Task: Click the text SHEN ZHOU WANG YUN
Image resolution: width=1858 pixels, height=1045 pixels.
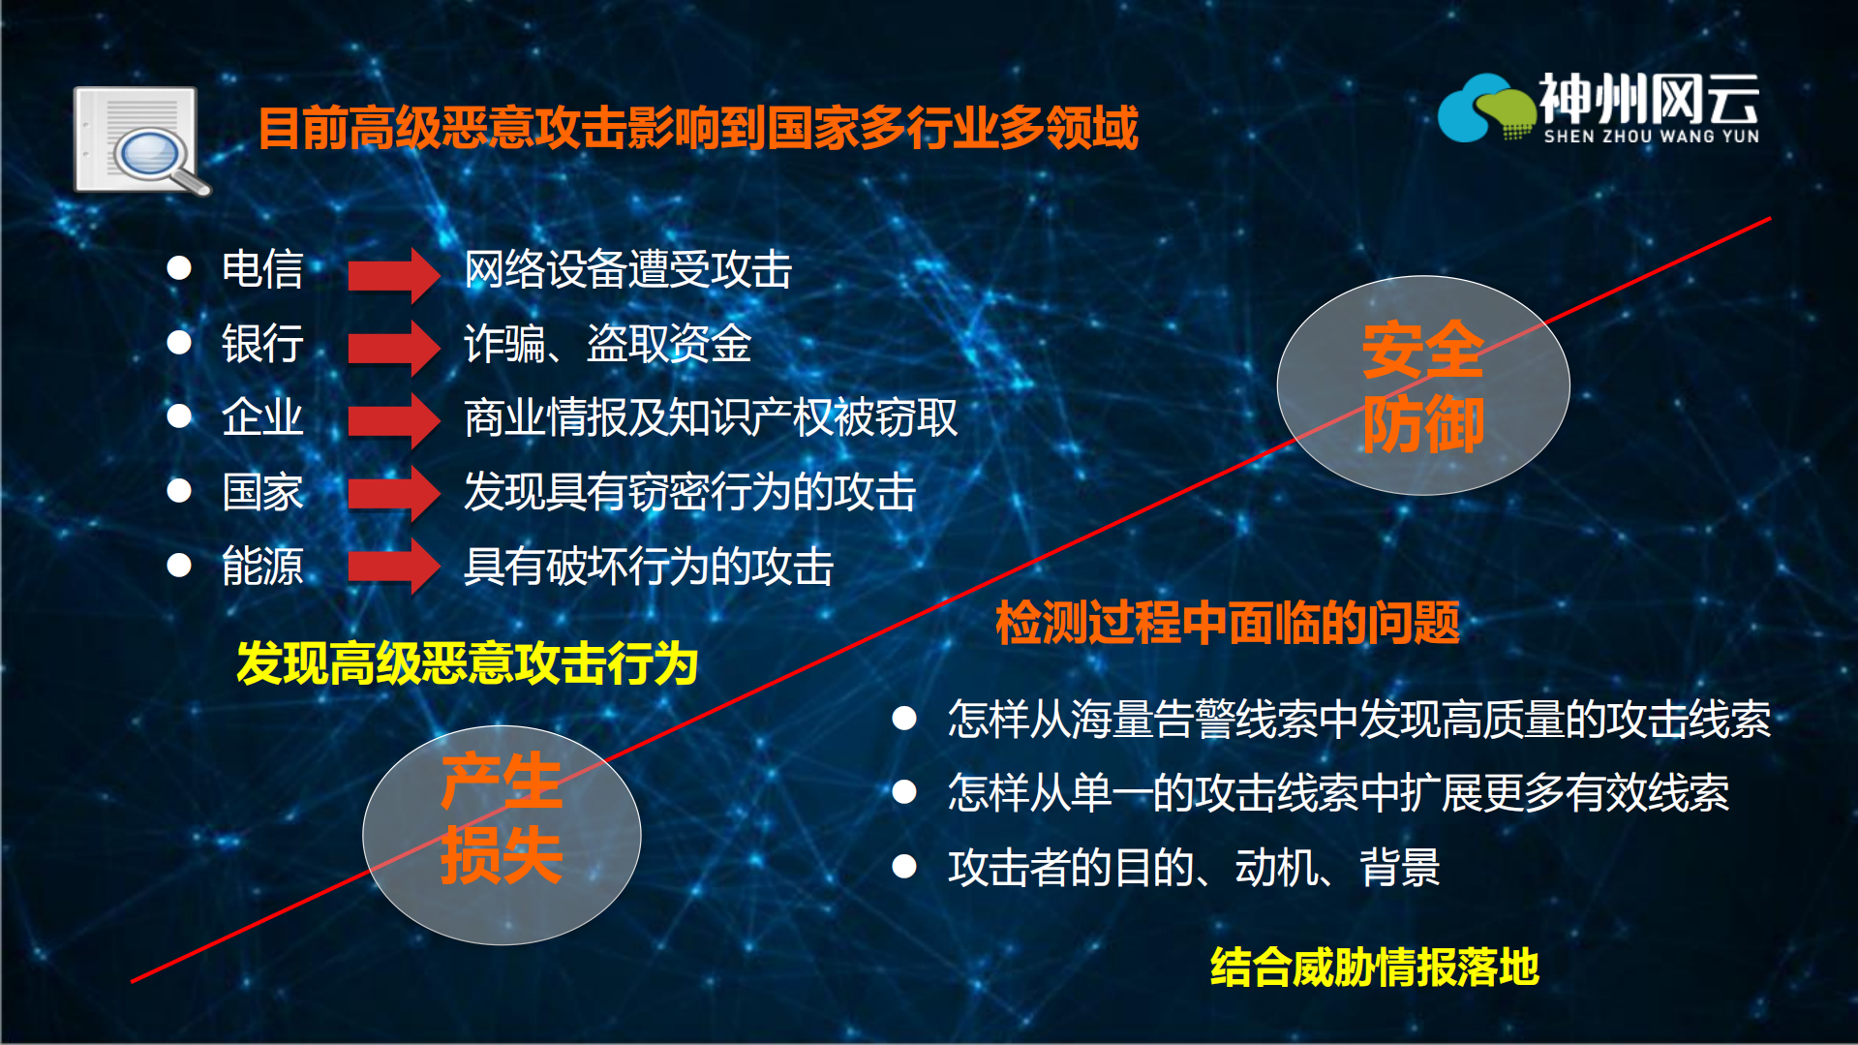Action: [x=1651, y=137]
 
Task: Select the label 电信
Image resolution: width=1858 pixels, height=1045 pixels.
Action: [x=262, y=269]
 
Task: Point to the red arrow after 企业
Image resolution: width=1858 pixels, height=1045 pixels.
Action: [x=393, y=419]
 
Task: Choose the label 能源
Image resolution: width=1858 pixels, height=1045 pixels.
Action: [x=262, y=567]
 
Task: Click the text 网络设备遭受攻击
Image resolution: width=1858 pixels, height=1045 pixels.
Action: [x=627, y=269]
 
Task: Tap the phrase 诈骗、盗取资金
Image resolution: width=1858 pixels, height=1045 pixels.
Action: [x=607, y=344]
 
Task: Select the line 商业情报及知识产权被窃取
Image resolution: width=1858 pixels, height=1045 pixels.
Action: [x=710, y=418]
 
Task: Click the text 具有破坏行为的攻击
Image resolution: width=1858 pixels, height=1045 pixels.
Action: [x=648, y=567]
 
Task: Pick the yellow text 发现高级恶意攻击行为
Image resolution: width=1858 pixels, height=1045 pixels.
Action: [x=467, y=664]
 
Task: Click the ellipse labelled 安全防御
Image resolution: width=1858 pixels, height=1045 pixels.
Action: [x=1422, y=385]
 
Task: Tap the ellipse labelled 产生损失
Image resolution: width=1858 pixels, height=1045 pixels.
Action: [x=502, y=835]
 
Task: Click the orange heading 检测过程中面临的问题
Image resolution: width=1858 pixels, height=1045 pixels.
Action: [x=1227, y=623]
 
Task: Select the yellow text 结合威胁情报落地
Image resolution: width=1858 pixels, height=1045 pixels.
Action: [x=1374, y=967]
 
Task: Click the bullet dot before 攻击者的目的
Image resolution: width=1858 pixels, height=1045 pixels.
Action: [x=904, y=866]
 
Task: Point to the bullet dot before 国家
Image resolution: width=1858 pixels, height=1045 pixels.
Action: [x=179, y=491]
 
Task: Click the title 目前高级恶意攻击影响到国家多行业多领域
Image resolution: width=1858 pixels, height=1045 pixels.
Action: [x=697, y=128]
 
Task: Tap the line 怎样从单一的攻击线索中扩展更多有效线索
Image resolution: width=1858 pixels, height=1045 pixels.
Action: [x=1338, y=792]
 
